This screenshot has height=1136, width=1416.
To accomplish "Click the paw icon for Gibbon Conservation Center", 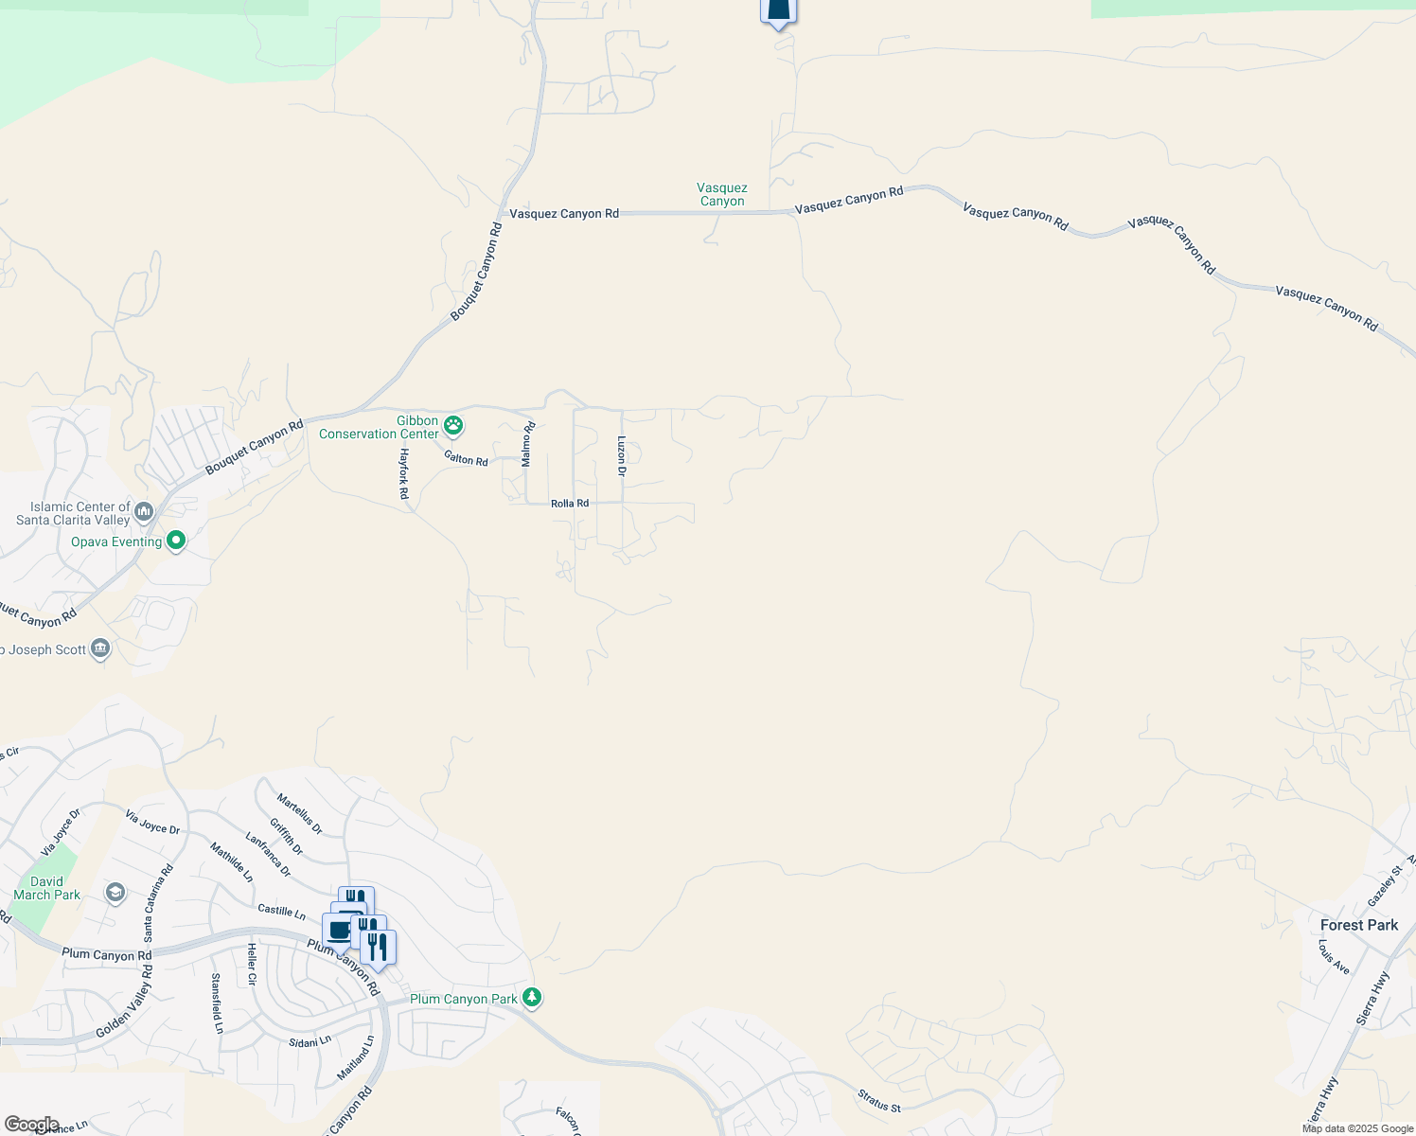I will tap(453, 426).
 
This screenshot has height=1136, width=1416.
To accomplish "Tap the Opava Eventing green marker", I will tap(176, 541).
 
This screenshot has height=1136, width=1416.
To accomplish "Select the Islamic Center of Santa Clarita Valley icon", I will tap(144, 513).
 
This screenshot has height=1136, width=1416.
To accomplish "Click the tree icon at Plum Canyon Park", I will tap(532, 998).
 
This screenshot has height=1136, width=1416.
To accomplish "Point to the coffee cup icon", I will tap(339, 929).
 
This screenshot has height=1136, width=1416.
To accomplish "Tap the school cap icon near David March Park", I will tap(115, 893).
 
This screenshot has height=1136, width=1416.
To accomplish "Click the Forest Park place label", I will tap(1358, 925).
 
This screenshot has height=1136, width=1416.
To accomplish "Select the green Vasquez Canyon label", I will tap(722, 195).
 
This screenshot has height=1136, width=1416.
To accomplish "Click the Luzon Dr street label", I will tap(622, 455).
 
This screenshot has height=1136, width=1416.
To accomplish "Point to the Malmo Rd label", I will tap(527, 444).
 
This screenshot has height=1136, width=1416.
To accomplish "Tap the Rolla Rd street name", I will tap(570, 504).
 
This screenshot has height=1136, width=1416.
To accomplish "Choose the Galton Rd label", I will tap(466, 459).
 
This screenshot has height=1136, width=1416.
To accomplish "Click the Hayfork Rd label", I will tap(403, 474).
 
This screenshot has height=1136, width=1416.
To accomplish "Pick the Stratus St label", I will tap(878, 1100).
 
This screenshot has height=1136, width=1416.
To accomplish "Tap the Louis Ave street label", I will tap(1334, 958).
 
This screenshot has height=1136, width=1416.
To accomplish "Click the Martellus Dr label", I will tap(299, 814).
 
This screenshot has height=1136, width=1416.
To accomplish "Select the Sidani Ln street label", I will tap(310, 1040).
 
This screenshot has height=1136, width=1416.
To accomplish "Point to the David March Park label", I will tap(46, 888).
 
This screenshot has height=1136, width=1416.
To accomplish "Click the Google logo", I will tap(31, 1125).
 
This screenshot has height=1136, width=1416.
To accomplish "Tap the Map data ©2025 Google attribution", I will tap(1357, 1128).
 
